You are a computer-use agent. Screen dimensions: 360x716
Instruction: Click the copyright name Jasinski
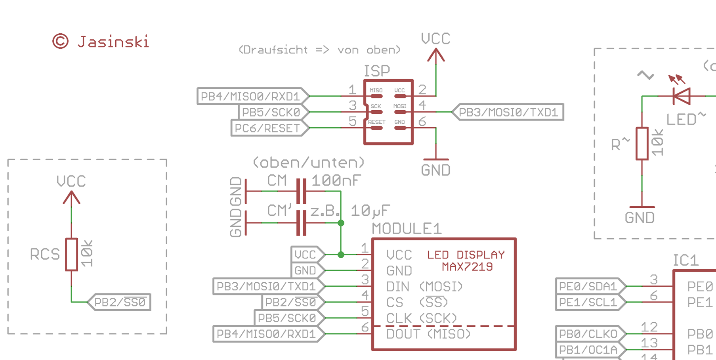tap(113, 42)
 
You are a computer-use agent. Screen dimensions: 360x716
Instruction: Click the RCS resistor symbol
tap(71, 255)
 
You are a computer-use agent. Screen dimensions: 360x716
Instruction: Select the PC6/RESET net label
tap(268, 128)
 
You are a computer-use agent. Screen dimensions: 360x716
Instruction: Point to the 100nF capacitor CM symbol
tap(302, 191)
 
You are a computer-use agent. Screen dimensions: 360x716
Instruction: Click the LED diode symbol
tap(682, 96)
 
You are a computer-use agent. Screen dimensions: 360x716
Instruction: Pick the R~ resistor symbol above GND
tap(642, 144)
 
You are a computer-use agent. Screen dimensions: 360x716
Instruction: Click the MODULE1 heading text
tap(406, 229)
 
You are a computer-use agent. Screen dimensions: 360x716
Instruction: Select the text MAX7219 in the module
tap(467, 267)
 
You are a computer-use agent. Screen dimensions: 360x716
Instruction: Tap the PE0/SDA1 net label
tap(589, 286)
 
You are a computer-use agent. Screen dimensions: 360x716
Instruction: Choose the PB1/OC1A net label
tap(589, 350)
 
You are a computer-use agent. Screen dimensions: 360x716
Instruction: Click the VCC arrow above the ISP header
tap(436, 56)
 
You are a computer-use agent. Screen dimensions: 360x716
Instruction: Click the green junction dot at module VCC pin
tap(341, 255)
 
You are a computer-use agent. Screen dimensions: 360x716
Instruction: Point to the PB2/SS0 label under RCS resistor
tap(120, 302)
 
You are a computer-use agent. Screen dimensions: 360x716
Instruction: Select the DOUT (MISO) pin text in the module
tap(428, 334)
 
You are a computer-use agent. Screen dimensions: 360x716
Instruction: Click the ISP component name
tap(377, 71)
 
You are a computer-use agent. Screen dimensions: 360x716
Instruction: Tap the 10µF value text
tap(370, 211)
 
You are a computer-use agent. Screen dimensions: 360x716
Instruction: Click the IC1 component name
tap(686, 260)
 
